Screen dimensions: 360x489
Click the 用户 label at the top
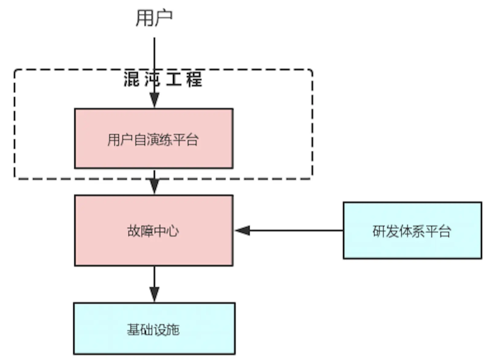[154, 18]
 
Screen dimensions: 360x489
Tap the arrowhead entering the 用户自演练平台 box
[154, 102]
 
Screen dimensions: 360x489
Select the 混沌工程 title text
[163, 79]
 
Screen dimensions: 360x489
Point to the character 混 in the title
[132, 79]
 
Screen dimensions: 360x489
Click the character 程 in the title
[193, 79]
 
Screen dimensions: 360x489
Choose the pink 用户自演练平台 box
[153, 138]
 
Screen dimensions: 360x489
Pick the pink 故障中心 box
[153, 230]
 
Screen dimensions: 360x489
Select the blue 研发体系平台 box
[412, 230]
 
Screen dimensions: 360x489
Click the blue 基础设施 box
[153, 329]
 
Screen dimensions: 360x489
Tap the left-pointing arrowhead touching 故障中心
[242, 230]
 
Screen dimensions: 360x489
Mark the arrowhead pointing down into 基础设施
[154, 295]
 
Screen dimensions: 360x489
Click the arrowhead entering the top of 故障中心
[154, 188]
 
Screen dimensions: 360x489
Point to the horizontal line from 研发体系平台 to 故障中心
[296, 230]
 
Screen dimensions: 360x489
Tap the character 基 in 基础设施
[133, 330]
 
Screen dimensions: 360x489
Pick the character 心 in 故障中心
[173, 231]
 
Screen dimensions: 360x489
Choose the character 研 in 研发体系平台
[379, 231]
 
